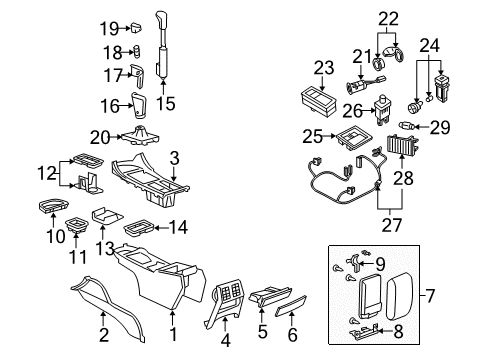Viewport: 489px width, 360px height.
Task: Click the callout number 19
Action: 108,27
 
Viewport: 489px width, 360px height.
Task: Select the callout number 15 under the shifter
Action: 168,102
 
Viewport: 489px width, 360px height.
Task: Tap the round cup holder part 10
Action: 48,206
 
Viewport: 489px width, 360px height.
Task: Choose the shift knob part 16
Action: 139,102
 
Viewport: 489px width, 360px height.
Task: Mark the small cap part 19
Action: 135,27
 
